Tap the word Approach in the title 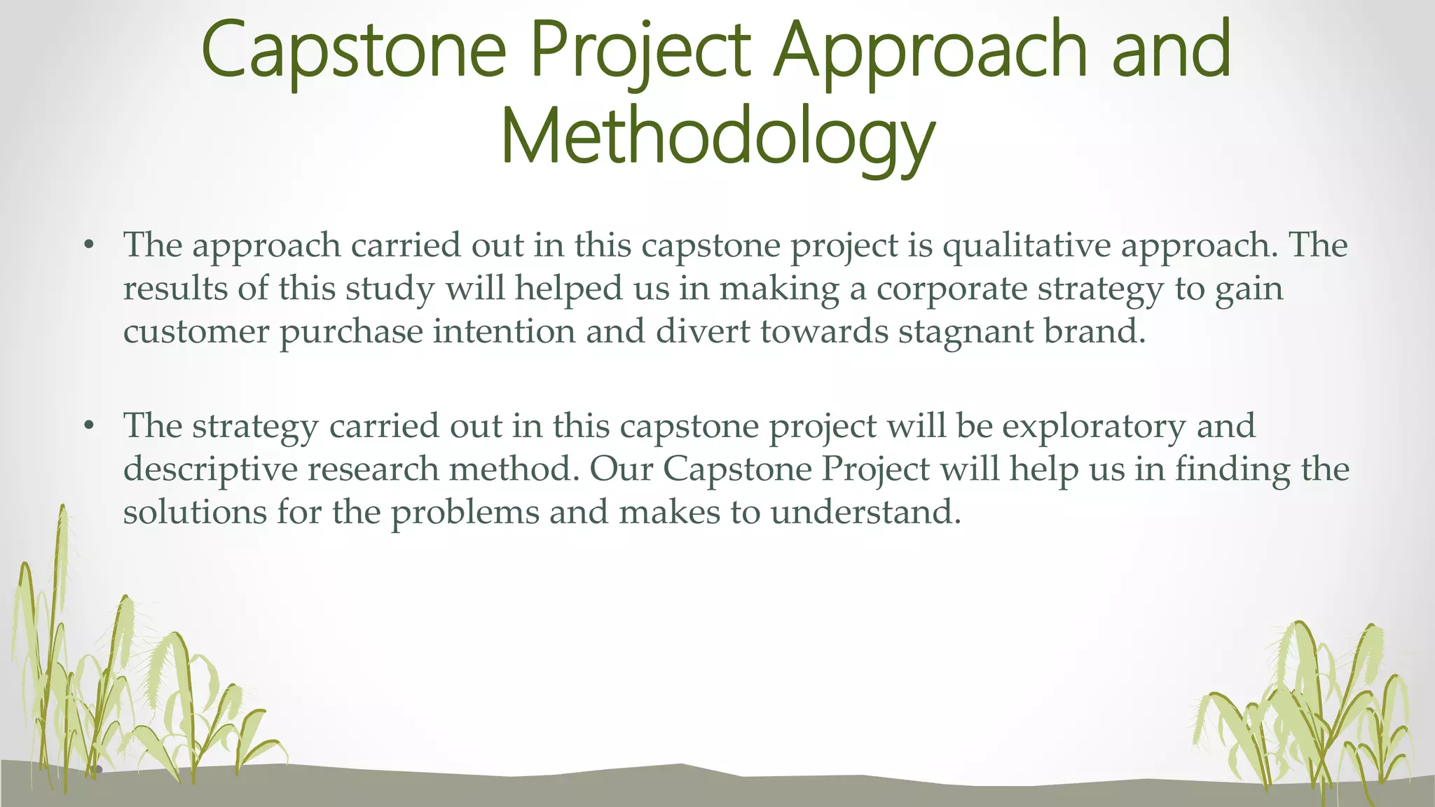coord(932,50)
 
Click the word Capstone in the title coord(353,50)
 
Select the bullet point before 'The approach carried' coord(88,245)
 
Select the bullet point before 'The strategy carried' coord(88,426)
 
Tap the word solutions coord(195,511)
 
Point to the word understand coord(865,511)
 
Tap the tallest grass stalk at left coord(62,560)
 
